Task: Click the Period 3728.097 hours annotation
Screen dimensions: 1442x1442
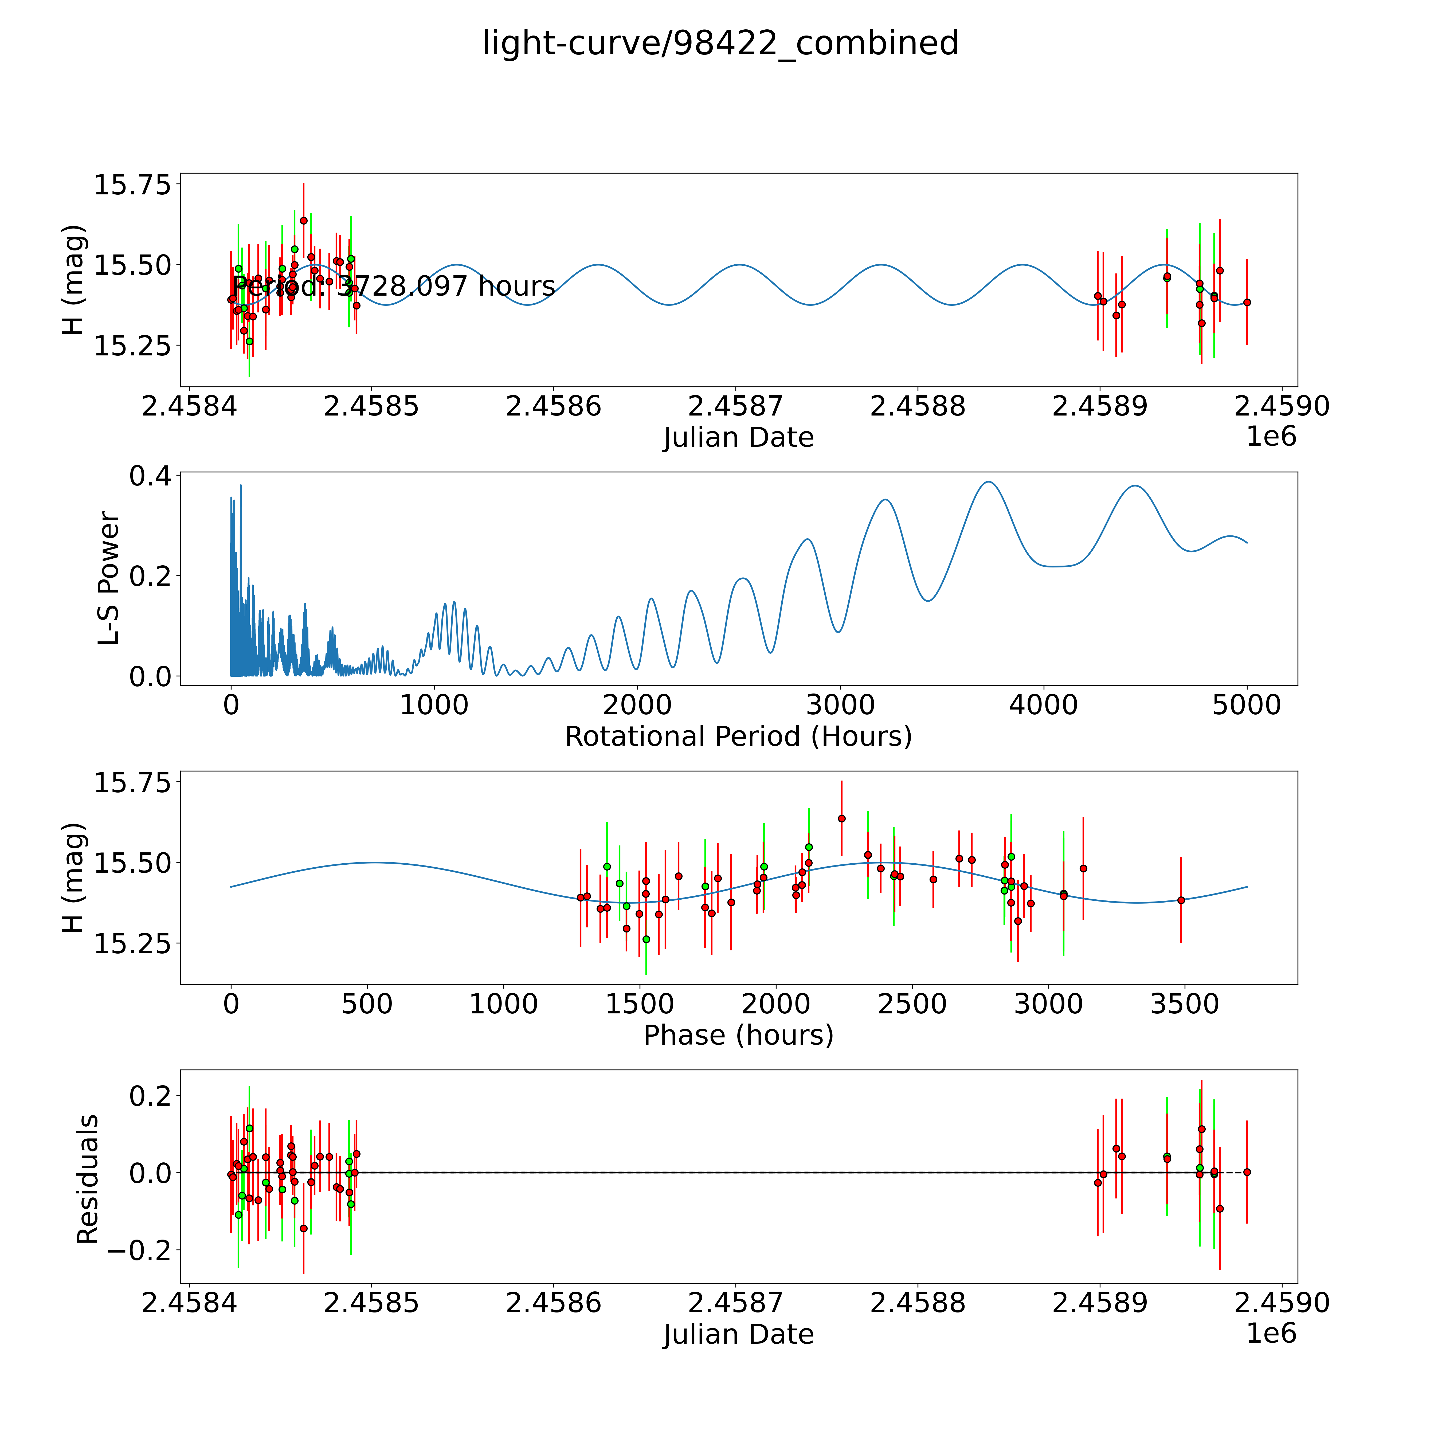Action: (393, 286)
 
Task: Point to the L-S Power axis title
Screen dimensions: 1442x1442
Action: (109, 578)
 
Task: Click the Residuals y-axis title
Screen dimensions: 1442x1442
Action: (88, 1179)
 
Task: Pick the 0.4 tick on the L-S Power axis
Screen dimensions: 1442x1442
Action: (149, 476)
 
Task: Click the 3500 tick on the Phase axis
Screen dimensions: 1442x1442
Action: (1185, 1004)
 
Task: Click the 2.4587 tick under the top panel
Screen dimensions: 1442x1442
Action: (735, 407)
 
